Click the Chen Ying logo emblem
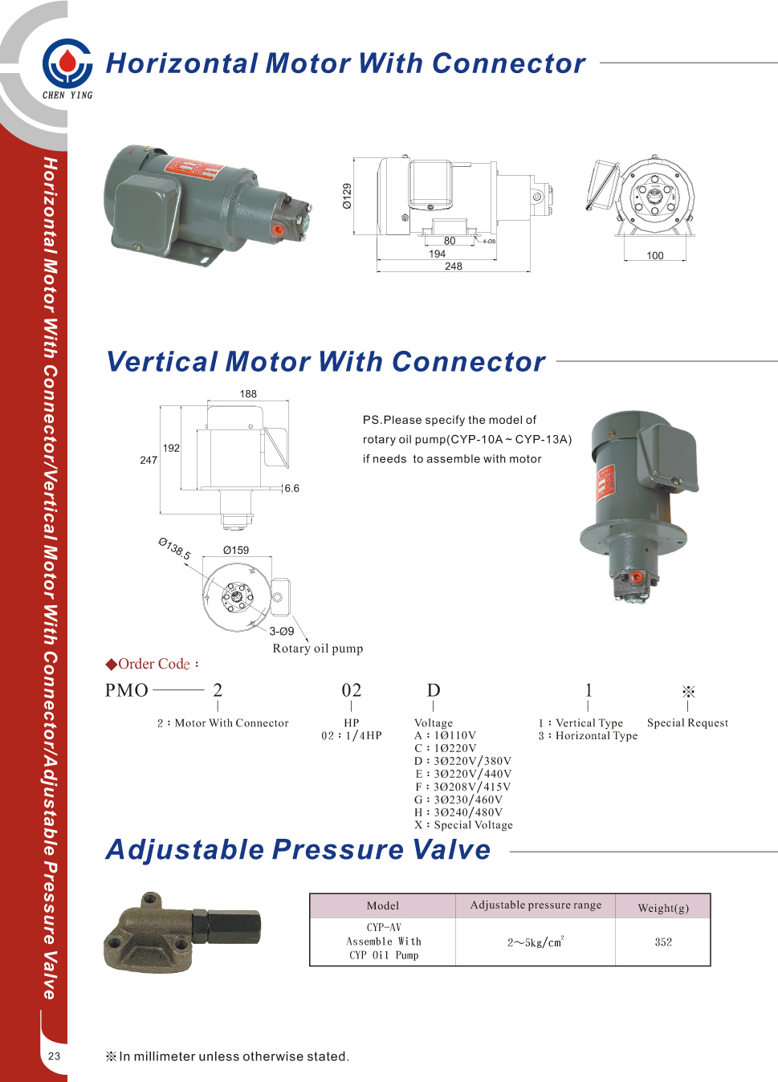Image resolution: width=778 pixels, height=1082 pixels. pyautogui.click(x=67, y=63)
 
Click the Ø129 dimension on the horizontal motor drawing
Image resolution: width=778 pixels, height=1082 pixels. pyautogui.click(x=347, y=196)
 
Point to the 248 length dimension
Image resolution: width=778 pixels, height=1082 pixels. pyautogui.click(x=454, y=266)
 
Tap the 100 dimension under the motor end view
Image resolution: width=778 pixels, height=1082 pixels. pyautogui.click(x=655, y=256)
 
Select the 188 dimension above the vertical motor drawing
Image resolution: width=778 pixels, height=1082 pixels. pyautogui.click(x=248, y=394)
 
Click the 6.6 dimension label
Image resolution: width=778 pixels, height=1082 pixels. pyautogui.click(x=291, y=488)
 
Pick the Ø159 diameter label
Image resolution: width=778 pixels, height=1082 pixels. pyautogui.click(x=236, y=551)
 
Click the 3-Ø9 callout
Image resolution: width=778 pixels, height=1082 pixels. pyautogui.click(x=281, y=632)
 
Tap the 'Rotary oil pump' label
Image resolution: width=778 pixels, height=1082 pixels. pyautogui.click(x=318, y=649)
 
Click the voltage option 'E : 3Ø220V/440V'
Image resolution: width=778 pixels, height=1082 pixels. pyautogui.click(x=463, y=774)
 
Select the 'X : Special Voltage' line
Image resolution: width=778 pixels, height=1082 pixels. pyautogui.click(x=463, y=825)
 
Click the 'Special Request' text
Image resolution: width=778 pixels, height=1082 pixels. pyautogui.click(x=687, y=722)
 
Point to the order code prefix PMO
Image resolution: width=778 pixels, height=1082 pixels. pyautogui.click(x=127, y=690)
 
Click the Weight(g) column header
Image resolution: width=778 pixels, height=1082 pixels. pyautogui.click(x=663, y=908)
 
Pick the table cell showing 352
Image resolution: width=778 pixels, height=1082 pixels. pyautogui.click(x=663, y=942)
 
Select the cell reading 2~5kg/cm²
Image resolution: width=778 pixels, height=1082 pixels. pyautogui.click(x=536, y=942)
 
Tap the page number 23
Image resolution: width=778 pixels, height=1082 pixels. pyautogui.click(x=54, y=1056)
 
